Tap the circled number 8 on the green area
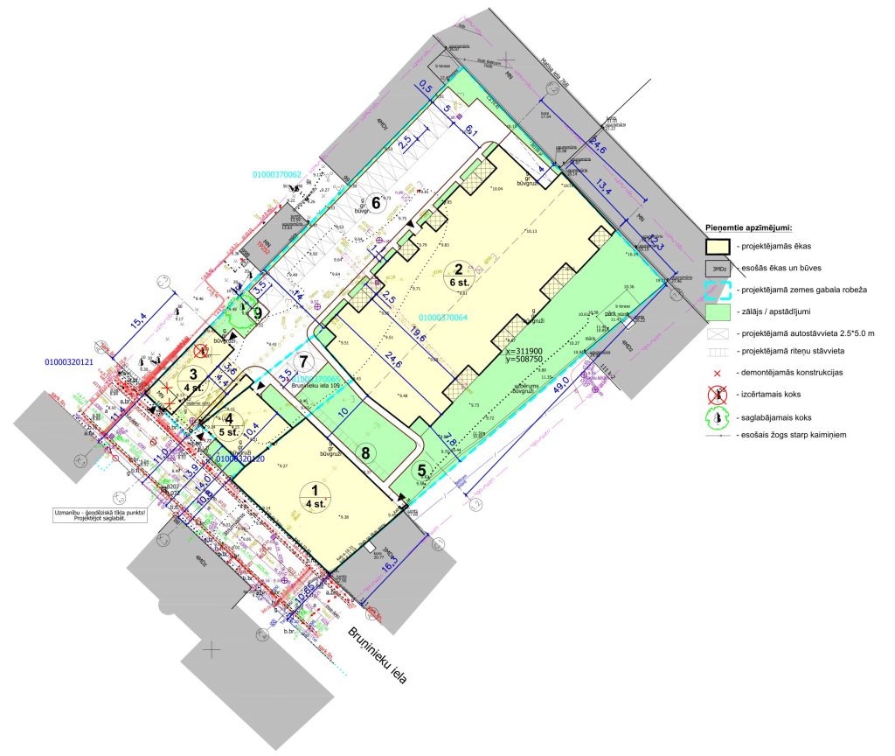click(x=365, y=452)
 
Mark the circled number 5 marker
click(x=423, y=470)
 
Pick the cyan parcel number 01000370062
click(x=278, y=175)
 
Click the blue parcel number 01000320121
click(x=75, y=360)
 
